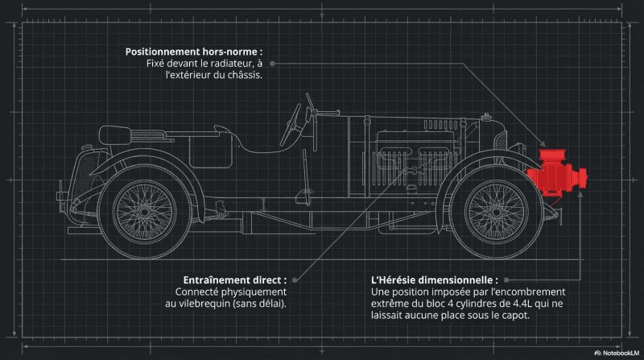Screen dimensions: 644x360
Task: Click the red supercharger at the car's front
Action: (555, 176)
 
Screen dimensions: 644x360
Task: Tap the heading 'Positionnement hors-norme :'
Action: (194, 52)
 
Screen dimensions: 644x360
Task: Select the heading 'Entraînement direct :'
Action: (235, 280)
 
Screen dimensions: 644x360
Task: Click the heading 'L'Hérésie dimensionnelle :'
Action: (435, 280)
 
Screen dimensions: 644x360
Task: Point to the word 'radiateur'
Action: (231, 64)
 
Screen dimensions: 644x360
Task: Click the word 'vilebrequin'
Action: (205, 304)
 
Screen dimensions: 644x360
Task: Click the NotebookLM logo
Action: (617, 353)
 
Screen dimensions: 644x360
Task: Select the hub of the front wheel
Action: (497, 212)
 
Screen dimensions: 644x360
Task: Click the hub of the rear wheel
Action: (144, 212)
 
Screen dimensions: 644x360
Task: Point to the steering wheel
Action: (291, 125)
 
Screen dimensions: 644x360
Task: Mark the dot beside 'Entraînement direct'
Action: (295, 280)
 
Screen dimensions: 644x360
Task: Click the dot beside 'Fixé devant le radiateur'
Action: (272, 64)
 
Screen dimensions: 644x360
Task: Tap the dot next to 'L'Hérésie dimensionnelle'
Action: (506, 280)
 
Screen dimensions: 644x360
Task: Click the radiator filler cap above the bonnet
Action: (486, 117)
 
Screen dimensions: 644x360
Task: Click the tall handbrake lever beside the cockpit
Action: (306, 177)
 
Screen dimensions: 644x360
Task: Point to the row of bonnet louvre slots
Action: (440, 125)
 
